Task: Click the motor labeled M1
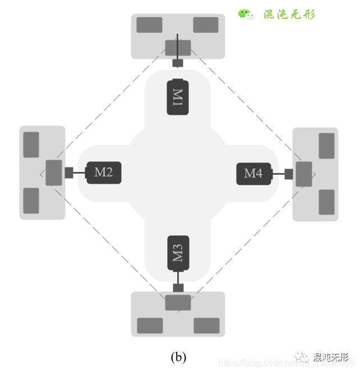178,97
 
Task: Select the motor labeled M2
104,172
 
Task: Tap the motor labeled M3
178,253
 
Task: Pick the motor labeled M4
253,174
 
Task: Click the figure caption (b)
178,357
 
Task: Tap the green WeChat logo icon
246,14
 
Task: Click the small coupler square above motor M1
178,63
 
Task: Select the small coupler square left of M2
69,172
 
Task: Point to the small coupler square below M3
178,288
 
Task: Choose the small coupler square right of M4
289,174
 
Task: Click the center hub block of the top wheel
178,48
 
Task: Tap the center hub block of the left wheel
54,172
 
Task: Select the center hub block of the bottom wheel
178,302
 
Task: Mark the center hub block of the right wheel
304,174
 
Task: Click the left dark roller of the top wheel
149,25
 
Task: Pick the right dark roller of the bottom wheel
206,325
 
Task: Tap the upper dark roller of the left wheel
31,144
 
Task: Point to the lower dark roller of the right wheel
326,202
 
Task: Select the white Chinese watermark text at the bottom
331,357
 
